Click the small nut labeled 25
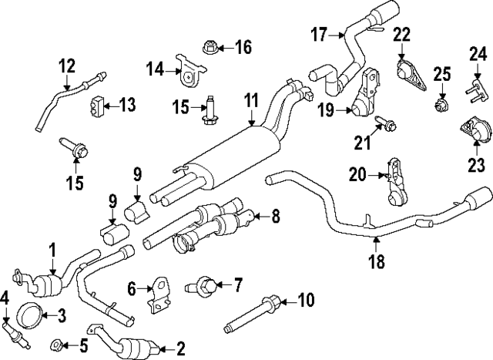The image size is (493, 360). [441, 103]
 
